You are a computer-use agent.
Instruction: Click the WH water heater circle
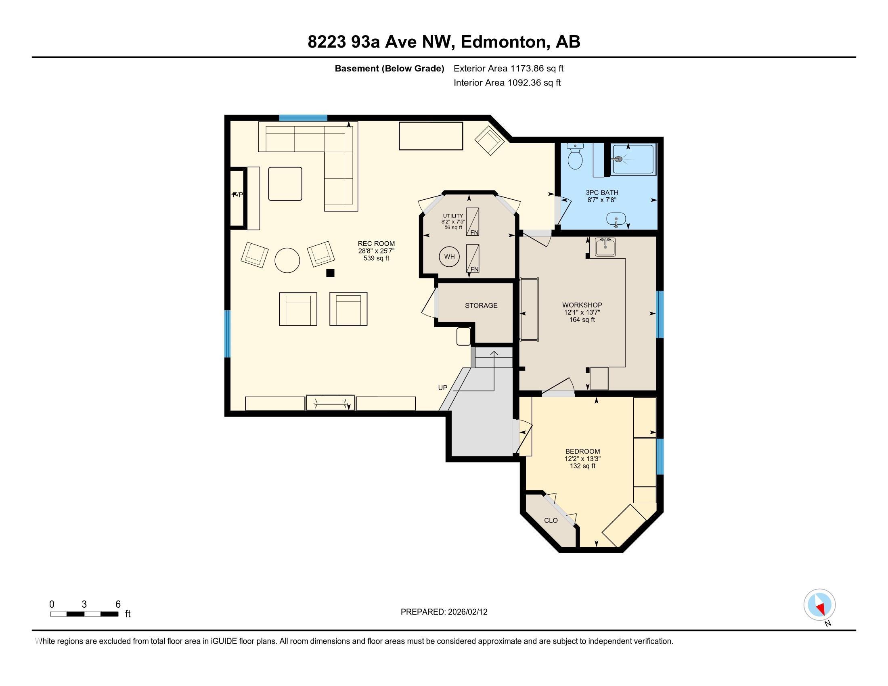[449, 256]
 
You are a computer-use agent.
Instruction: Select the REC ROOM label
[376, 243]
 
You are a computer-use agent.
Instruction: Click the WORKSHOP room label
[582, 305]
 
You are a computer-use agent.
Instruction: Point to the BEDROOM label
[582, 451]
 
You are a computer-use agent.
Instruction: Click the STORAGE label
[482, 305]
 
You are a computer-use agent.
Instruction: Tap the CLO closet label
[551, 521]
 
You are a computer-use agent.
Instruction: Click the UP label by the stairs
[442, 388]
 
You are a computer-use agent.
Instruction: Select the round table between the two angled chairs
[287, 260]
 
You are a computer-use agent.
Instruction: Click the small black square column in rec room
[330, 273]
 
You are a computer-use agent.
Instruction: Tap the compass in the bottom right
[819, 604]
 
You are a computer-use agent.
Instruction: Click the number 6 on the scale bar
[118, 604]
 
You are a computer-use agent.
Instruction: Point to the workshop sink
[605, 247]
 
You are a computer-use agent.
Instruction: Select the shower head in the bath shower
[618, 159]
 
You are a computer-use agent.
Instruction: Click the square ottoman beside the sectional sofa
[285, 184]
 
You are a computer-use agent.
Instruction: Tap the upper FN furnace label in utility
[474, 233]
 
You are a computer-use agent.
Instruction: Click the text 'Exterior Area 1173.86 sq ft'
[509, 68]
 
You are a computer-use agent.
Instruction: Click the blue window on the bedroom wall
[660, 456]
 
